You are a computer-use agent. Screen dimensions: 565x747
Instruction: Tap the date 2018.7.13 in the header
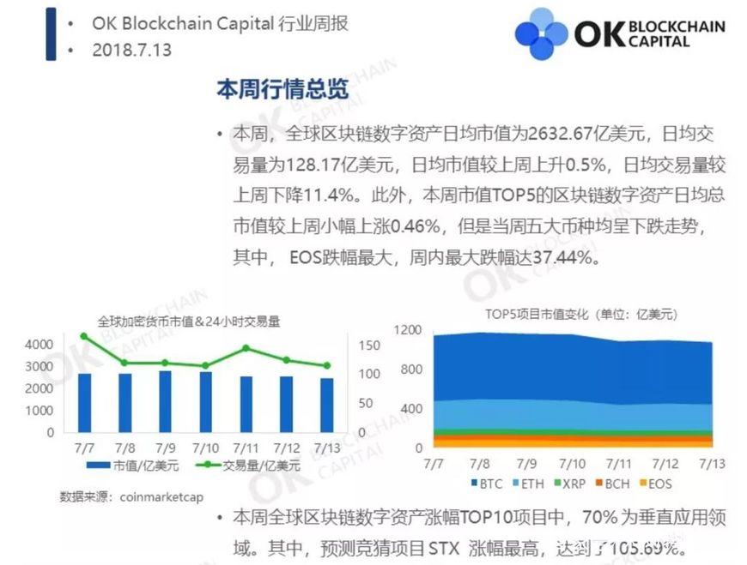[131, 50]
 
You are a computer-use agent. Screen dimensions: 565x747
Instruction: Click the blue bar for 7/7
[84, 402]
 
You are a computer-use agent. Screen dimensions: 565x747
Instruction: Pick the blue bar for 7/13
[325, 405]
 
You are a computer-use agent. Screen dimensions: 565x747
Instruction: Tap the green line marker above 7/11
[246, 348]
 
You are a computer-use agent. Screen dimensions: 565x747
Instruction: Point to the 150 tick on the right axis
[368, 345]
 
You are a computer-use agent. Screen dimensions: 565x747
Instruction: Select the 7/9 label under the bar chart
[166, 447]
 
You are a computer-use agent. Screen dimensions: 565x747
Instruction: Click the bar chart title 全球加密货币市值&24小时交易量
[188, 322]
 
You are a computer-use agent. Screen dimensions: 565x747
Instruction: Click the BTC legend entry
[489, 484]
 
